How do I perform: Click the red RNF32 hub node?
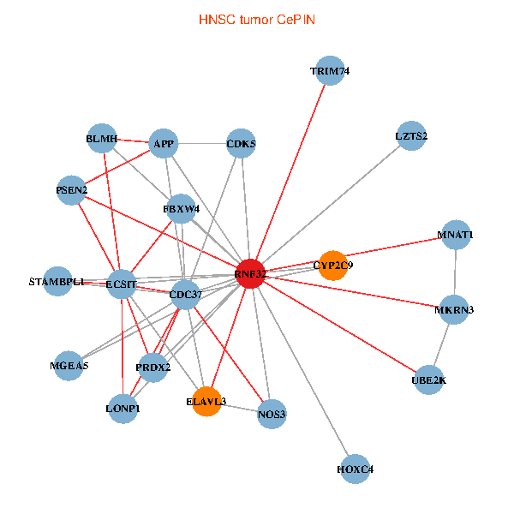click(x=249, y=273)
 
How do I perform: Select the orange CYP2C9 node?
click(x=332, y=265)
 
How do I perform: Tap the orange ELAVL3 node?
click(x=206, y=401)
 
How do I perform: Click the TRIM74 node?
click(x=330, y=71)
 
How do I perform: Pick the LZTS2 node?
click(x=411, y=135)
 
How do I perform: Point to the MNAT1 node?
click(x=456, y=235)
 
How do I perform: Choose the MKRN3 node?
click(x=454, y=309)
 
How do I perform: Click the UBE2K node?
click(x=429, y=380)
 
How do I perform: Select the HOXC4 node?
click(x=356, y=469)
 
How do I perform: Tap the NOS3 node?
click(x=272, y=414)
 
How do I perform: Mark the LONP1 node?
click(x=123, y=408)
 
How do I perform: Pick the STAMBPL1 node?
click(x=57, y=281)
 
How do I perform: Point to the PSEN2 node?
click(x=72, y=190)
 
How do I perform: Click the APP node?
click(x=163, y=144)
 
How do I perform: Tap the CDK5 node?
click(x=241, y=144)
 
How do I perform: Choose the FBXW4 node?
click(x=182, y=208)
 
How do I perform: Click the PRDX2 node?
click(x=153, y=367)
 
